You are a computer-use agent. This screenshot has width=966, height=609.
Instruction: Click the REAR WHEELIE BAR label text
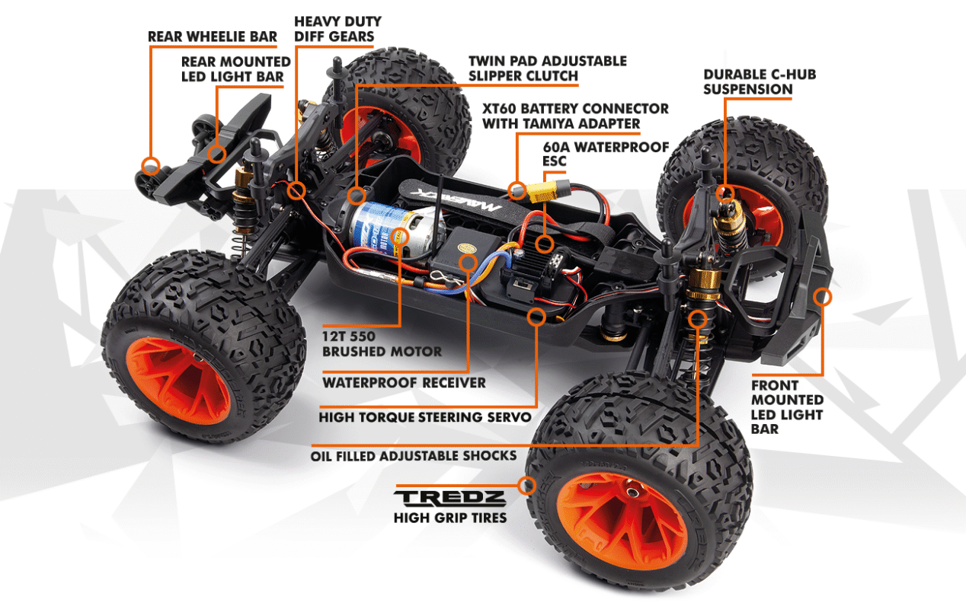[213, 37]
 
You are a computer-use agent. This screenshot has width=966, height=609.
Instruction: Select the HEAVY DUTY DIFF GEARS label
[337, 29]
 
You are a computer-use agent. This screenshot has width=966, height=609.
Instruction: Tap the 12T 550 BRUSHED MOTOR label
[382, 344]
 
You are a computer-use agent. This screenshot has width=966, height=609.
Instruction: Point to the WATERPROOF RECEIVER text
[404, 383]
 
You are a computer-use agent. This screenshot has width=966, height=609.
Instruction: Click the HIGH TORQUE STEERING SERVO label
[425, 417]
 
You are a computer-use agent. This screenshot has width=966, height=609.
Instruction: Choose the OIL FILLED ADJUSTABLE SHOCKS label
[414, 456]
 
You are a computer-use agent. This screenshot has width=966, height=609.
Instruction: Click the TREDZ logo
[449, 498]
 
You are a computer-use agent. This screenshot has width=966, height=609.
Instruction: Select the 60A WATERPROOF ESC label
[606, 154]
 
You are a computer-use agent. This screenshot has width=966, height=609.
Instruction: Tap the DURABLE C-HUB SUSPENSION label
[760, 82]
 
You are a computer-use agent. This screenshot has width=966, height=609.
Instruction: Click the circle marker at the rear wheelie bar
[151, 166]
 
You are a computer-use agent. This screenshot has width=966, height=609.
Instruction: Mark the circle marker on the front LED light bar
[822, 297]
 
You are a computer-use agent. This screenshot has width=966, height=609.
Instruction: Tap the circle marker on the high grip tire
[526, 486]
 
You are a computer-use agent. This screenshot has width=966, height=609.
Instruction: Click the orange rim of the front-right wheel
[622, 521]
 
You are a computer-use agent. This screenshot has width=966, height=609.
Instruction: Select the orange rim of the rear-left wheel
[178, 381]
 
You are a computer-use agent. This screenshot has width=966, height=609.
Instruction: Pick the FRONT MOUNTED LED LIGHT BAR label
[787, 407]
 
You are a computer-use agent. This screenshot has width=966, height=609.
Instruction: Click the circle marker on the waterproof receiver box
[468, 263]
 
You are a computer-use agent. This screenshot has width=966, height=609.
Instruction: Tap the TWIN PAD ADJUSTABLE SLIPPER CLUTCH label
[548, 69]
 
